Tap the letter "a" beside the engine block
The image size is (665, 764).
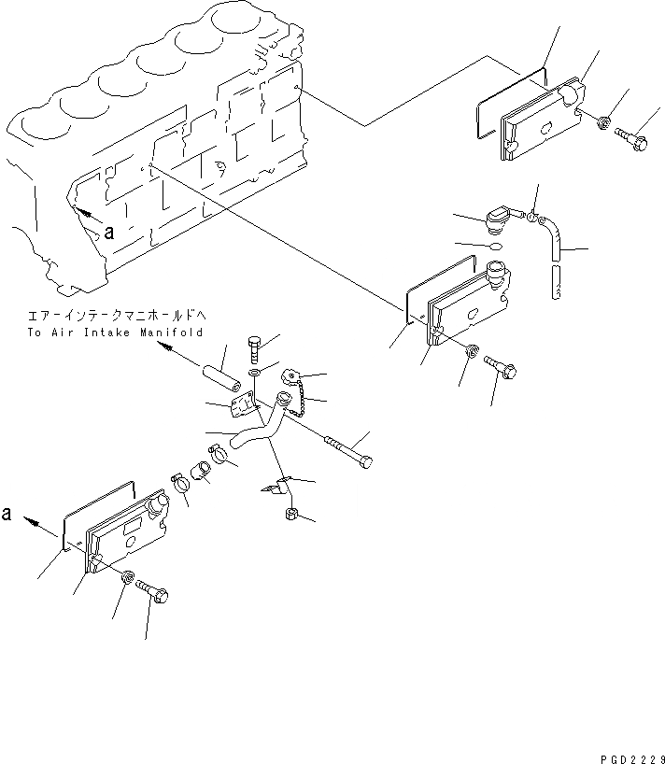(109, 233)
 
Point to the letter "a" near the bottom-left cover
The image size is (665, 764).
(8, 514)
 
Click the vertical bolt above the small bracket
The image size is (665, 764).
(255, 355)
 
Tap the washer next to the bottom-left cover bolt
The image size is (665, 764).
(127, 577)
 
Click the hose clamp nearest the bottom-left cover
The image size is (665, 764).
(180, 485)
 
